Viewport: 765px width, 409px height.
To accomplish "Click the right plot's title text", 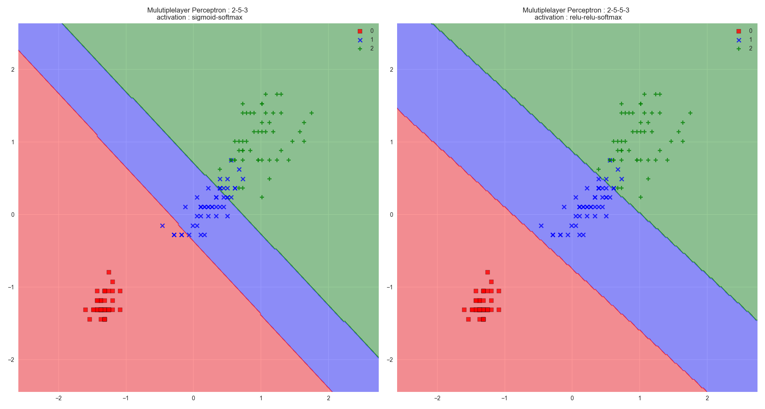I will click(x=576, y=14).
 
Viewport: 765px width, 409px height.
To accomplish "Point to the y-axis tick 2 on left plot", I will click(x=13, y=70).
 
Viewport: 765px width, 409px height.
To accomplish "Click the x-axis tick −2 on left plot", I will click(x=58, y=398).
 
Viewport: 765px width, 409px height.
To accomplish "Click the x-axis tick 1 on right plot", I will click(x=639, y=398).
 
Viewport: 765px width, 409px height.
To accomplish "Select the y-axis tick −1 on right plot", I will click(x=390, y=287).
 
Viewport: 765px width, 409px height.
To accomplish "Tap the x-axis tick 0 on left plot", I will click(x=194, y=398).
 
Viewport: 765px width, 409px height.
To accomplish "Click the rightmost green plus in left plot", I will click(x=312, y=113).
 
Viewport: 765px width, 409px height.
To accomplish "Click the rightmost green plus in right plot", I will click(x=690, y=113).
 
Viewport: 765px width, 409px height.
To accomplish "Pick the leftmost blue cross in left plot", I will click(x=162, y=226).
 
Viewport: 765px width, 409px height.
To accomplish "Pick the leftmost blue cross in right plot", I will click(x=541, y=226).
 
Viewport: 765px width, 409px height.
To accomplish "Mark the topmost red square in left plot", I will click(x=109, y=272).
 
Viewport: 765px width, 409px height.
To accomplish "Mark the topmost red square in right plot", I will click(x=488, y=272).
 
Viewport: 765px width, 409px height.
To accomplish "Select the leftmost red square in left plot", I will click(x=86, y=310).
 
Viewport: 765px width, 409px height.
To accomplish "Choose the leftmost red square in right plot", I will click(x=464, y=310).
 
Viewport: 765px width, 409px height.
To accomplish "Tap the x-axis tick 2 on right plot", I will click(x=707, y=398).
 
